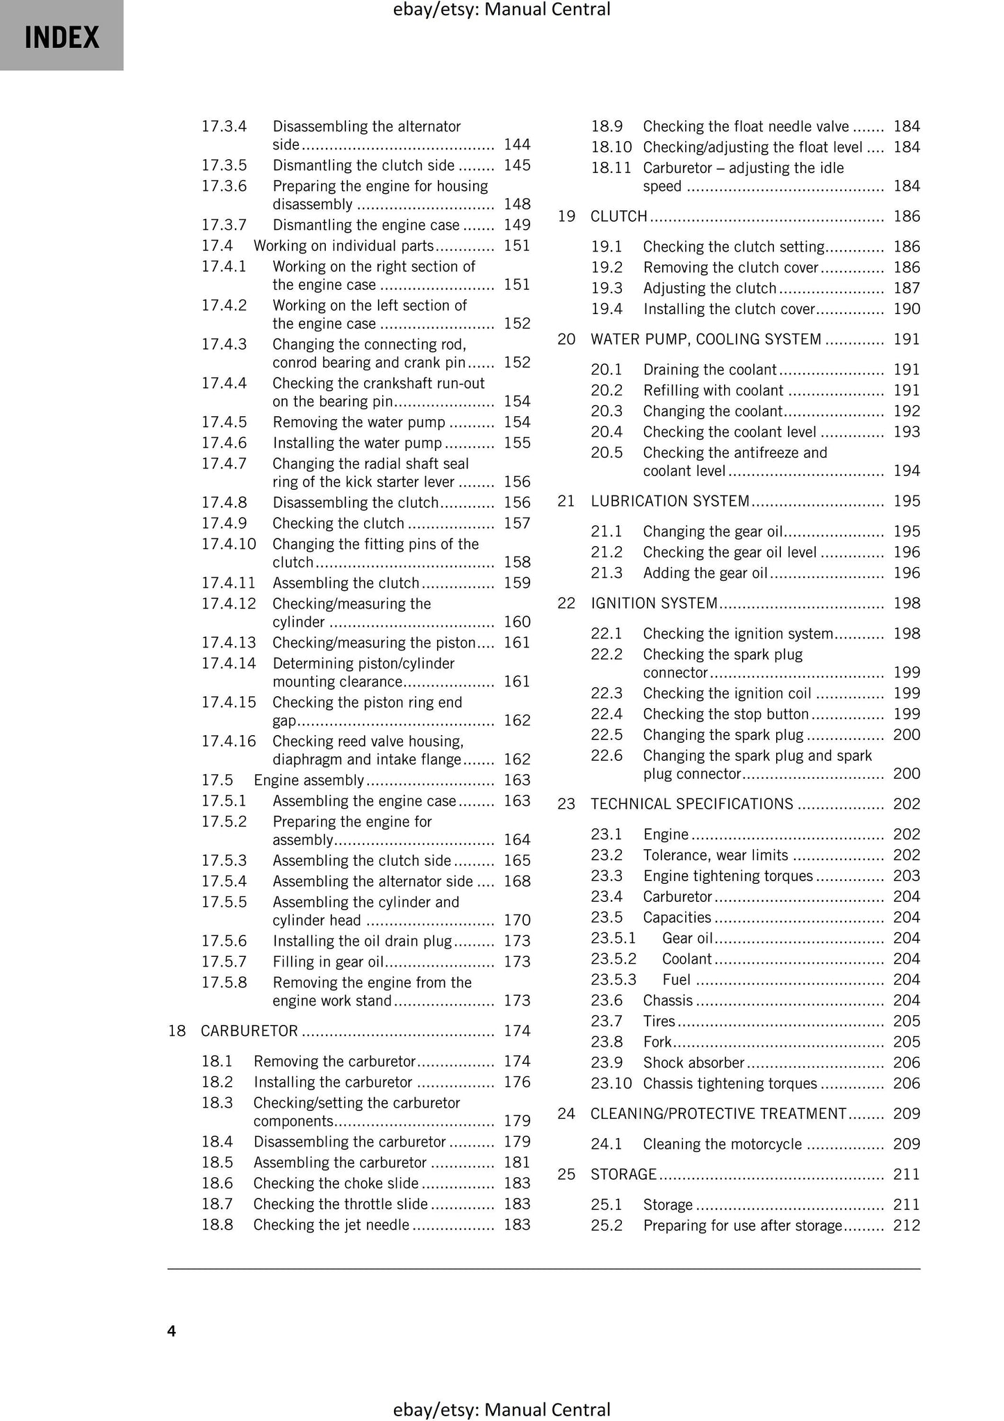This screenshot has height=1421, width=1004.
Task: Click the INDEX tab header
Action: point(62,37)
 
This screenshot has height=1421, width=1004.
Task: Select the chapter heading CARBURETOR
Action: point(249,1030)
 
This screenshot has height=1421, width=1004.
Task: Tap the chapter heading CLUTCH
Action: point(618,216)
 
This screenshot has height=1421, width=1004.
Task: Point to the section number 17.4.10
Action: point(229,544)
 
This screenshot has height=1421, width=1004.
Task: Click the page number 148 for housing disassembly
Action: point(517,204)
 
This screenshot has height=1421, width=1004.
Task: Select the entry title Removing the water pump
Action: point(359,422)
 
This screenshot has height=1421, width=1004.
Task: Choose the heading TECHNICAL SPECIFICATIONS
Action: point(691,804)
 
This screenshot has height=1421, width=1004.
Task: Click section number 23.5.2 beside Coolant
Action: point(613,959)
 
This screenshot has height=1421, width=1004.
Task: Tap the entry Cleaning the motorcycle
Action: point(722,1144)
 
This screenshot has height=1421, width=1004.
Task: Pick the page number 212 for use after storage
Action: point(906,1226)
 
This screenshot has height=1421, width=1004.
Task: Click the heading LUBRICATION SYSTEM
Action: point(670,501)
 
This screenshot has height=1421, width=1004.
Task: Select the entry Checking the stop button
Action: point(725,714)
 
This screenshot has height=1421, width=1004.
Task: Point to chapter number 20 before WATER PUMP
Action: point(566,339)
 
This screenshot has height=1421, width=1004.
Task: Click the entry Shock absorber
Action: point(693,1062)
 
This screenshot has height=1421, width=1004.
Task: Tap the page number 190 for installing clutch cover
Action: point(906,309)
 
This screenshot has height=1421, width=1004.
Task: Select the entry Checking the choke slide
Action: point(336,1183)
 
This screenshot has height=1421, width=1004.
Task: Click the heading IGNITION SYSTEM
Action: point(654,603)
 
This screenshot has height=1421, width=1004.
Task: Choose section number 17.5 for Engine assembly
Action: point(217,780)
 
